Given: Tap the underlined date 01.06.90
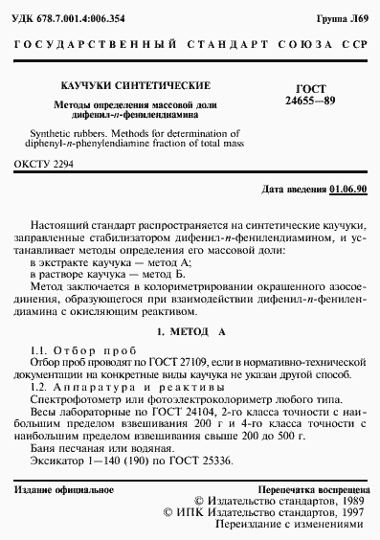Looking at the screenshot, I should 346,189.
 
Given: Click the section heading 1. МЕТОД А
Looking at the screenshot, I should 190,330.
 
